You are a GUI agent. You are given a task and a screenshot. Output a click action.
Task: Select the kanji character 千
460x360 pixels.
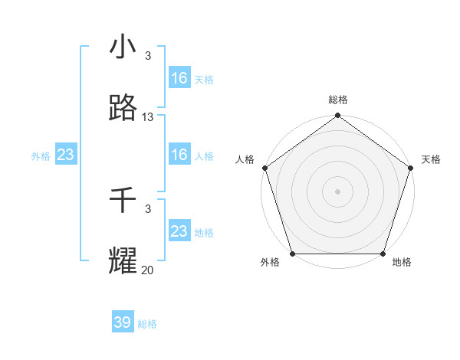coord(123,201)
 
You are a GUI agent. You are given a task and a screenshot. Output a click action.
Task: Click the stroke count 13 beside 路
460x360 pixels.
coord(148,117)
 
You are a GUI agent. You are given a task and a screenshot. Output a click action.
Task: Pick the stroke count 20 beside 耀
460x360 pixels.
coord(148,270)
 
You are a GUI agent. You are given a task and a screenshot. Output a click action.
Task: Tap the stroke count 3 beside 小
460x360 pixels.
coord(148,55)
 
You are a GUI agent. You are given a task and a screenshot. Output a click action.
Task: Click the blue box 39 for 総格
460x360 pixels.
coord(122,322)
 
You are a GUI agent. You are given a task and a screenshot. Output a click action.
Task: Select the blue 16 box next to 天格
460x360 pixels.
coord(179,77)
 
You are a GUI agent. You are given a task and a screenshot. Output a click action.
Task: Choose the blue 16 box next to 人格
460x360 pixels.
coord(179,155)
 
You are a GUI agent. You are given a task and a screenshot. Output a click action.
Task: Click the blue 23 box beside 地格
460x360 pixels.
coord(179,231)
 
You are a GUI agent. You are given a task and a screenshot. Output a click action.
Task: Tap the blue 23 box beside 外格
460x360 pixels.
coord(65,155)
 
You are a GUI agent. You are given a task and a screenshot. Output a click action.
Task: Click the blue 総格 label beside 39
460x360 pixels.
coord(148,324)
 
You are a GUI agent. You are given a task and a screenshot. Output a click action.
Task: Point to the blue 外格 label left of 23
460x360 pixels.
coord(41,156)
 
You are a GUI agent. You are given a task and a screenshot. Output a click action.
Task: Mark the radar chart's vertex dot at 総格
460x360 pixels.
coord(337,116)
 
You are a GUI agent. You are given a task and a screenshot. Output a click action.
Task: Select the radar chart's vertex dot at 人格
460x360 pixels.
coord(265,168)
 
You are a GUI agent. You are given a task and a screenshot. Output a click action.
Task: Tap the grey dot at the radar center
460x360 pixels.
coord(337,191)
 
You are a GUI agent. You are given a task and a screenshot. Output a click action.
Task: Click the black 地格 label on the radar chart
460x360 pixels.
coord(402,263)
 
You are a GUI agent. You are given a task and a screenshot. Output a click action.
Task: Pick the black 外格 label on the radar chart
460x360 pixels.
coord(270,263)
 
